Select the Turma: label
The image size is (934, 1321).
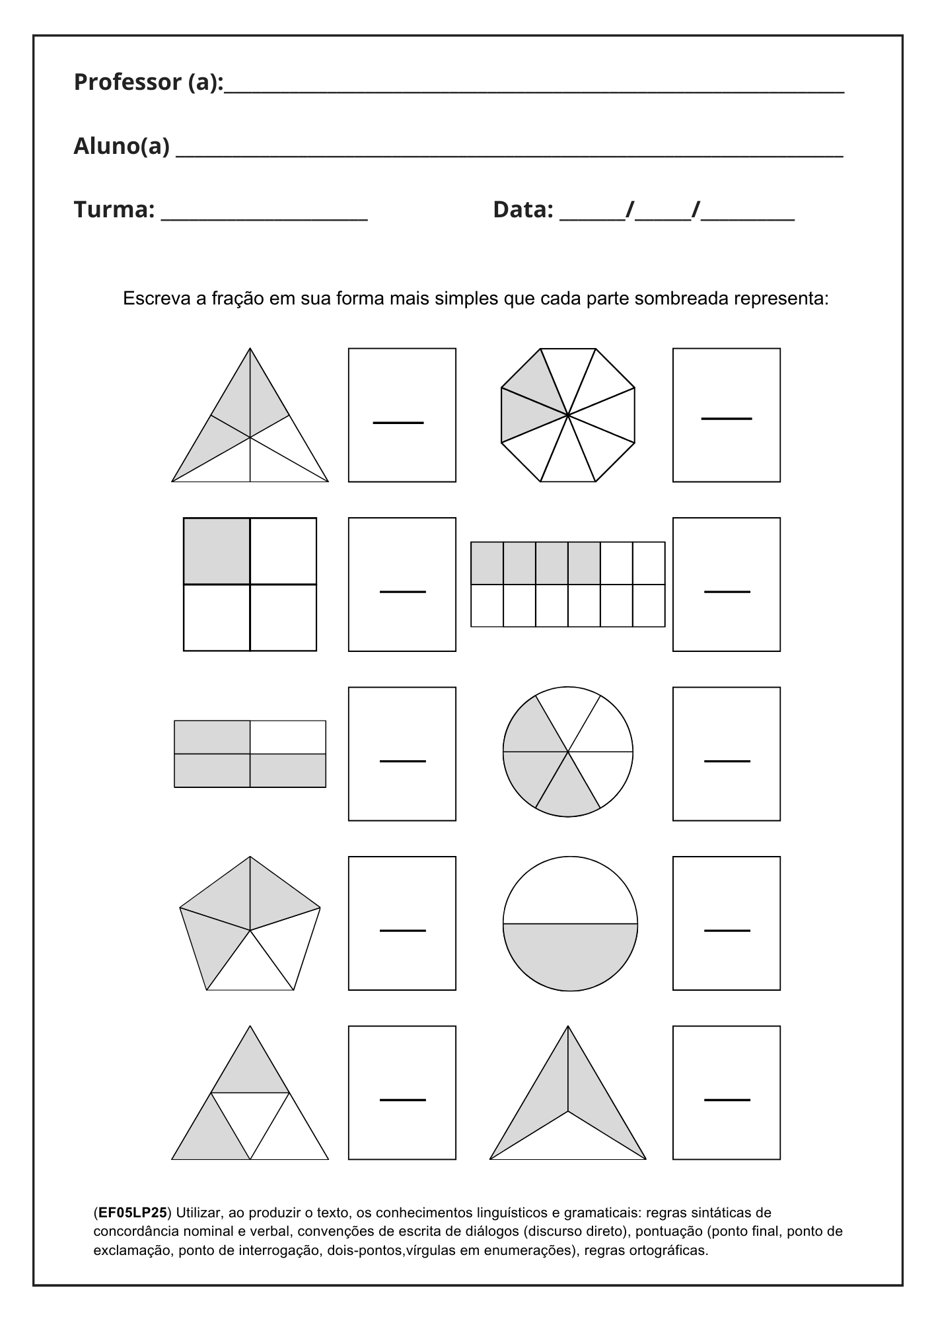click(114, 209)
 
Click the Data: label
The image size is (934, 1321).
click(522, 209)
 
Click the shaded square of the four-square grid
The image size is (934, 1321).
click(217, 551)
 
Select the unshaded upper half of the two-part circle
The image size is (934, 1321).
click(570, 892)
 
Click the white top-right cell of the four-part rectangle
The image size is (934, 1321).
click(287, 737)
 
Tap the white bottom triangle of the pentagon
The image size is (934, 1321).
click(250, 968)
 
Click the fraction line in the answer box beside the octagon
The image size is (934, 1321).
click(726, 418)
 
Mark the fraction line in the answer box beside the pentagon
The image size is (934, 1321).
click(402, 930)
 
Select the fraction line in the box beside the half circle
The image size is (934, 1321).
click(727, 930)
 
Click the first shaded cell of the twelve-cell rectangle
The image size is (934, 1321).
click(487, 563)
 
